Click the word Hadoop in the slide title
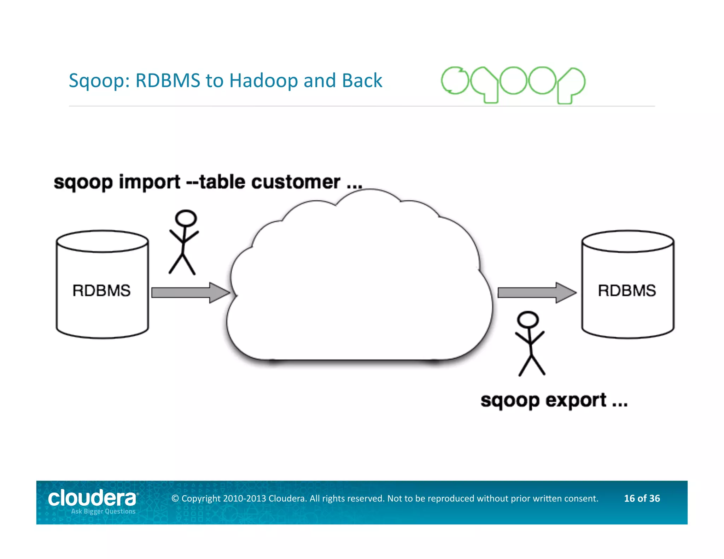(x=264, y=81)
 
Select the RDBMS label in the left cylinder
(x=101, y=290)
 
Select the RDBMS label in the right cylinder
(x=627, y=290)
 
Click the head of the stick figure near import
(x=186, y=218)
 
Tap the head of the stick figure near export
(x=528, y=319)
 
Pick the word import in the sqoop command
(x=150, y=182)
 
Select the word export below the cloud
(x=576, y=401)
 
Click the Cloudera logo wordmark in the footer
(x=92, y=498)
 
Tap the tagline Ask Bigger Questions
(x=103, y=511)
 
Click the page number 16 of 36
(x=642, y=498)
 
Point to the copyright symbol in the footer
(x=175, y=499)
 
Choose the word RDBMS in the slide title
(x=168, y=81)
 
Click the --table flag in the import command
(x=216, y=182)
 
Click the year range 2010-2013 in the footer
(x=244, y=499)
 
